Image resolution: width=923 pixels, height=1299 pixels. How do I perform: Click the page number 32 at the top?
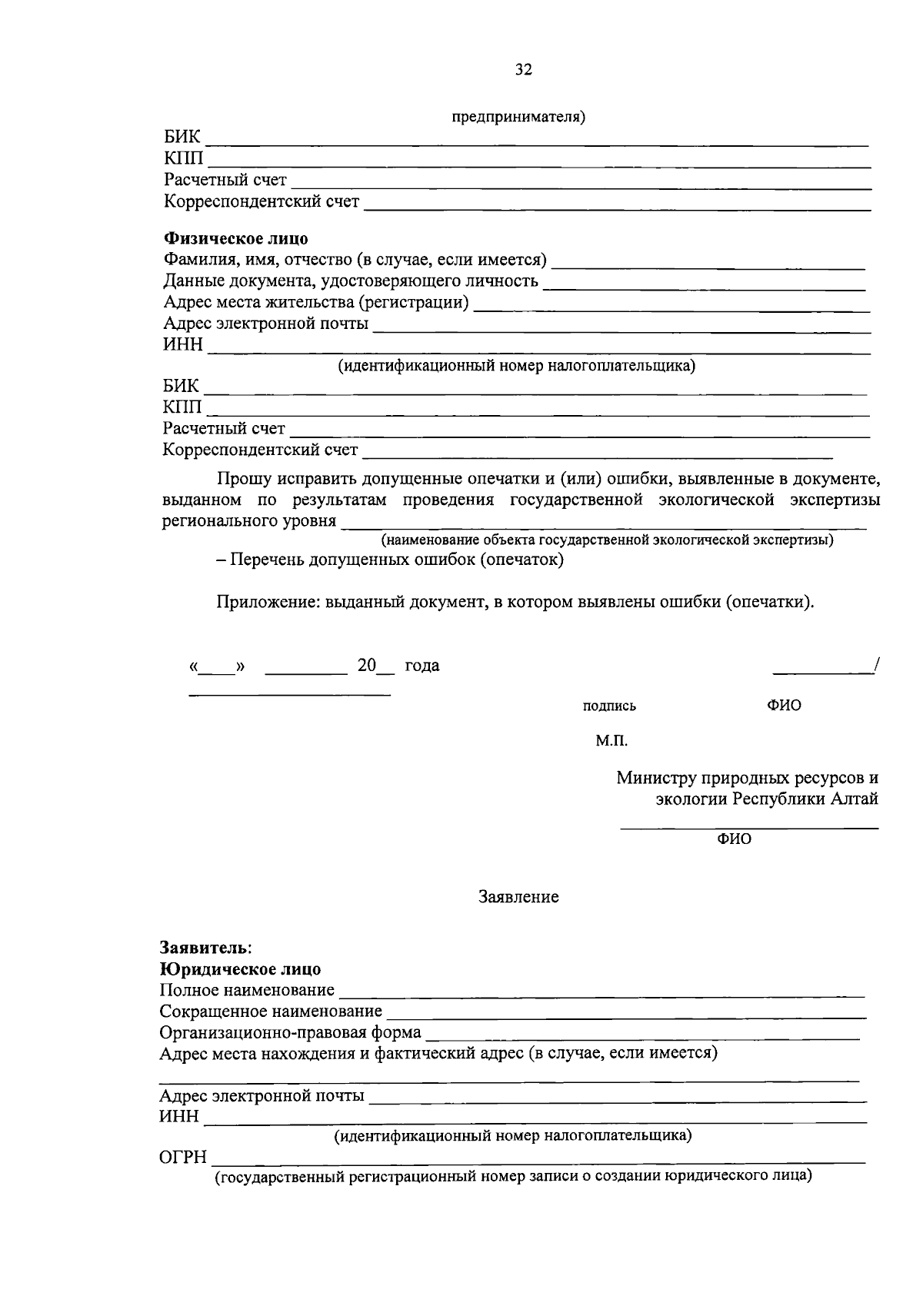523,70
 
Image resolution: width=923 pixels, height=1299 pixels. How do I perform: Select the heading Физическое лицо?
235,239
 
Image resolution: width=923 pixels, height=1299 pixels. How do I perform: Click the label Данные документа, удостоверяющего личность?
351,281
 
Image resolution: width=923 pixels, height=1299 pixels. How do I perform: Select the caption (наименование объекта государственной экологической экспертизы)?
607,540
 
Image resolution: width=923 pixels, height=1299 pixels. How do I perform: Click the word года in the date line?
422,666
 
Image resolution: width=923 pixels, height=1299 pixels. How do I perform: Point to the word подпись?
609,706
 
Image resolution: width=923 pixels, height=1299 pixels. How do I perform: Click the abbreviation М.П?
611,741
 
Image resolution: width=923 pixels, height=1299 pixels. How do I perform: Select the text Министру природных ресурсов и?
746,778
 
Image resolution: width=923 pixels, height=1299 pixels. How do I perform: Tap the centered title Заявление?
518,897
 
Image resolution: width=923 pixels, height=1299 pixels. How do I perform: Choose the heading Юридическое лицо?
240,969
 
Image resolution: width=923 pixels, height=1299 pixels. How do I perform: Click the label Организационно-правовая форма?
290,1032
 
